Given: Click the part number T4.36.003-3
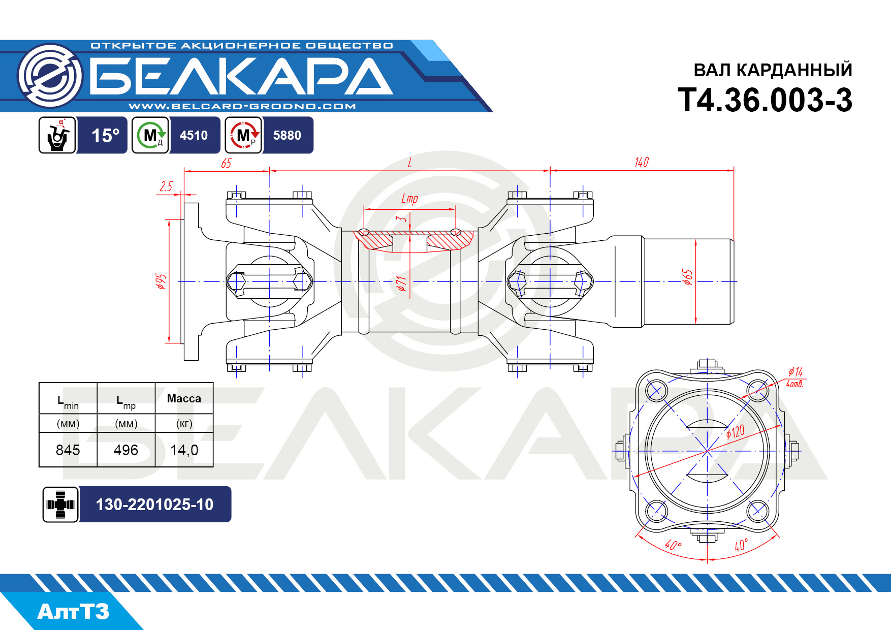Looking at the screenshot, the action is [x=765, y=100].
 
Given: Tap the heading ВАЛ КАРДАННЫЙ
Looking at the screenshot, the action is [x=773, y=70].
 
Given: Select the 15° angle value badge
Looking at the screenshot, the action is [x=105, y=135].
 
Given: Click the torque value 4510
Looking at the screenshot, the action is [x=194, y=135].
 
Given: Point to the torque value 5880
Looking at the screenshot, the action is [x=287, y=135].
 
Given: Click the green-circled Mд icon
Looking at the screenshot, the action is [x=150, y=135].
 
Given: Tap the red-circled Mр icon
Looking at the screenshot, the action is [x=244, y=135].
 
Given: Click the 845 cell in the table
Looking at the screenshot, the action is [x=68, y=450].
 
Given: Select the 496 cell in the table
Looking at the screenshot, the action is [x=126, y=450].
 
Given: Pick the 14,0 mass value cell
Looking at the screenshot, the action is [x=184, y=450].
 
